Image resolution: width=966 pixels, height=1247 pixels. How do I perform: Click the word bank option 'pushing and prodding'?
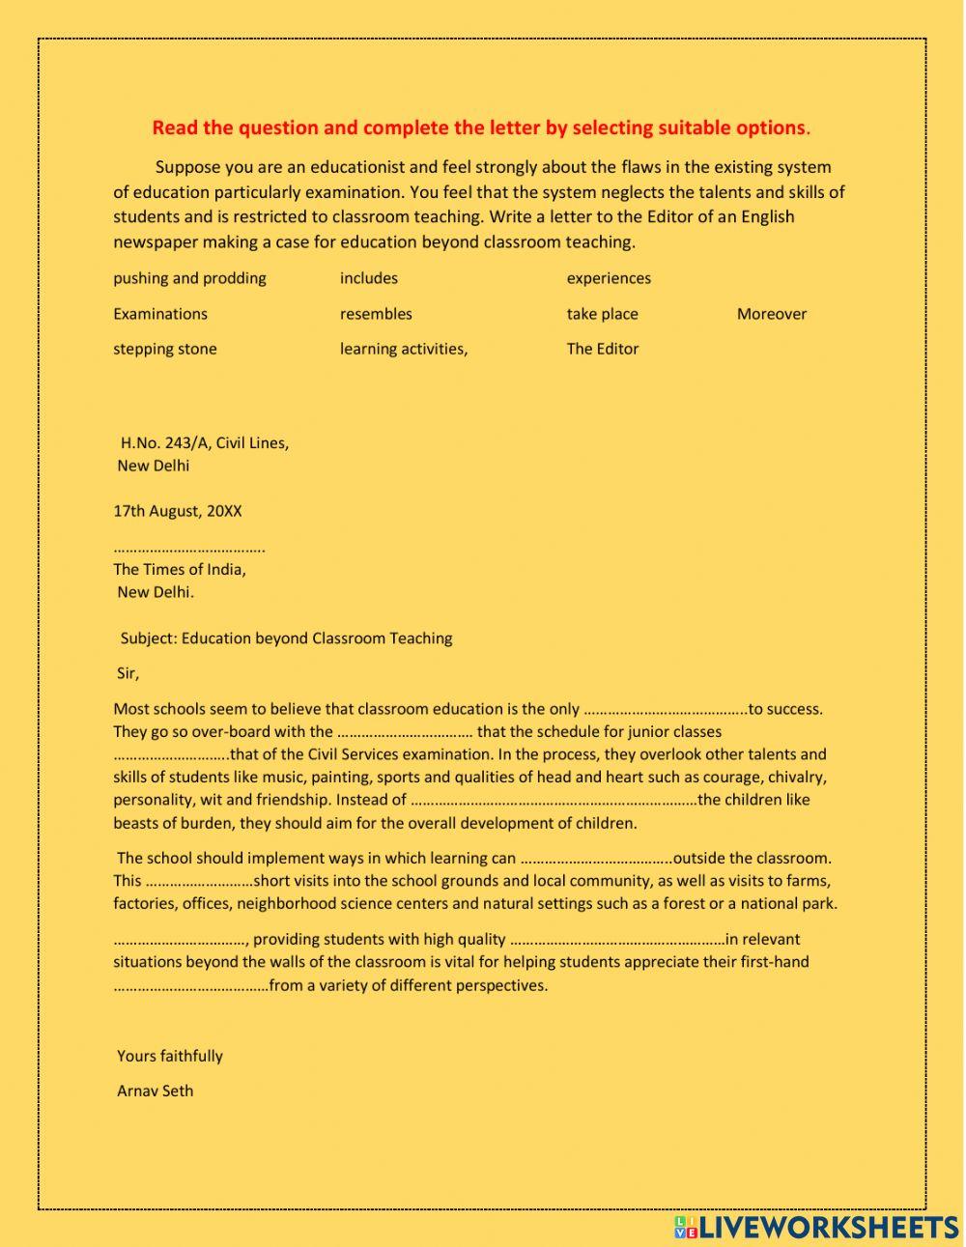tap(189, 278)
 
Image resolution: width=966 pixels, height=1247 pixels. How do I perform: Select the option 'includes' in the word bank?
tap(368, 278)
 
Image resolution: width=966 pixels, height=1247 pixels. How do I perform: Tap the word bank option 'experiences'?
tap(609, 278)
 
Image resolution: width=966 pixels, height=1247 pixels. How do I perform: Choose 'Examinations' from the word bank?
tap(160, 314)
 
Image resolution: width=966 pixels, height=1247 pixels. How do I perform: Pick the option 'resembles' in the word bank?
tap(376, 314)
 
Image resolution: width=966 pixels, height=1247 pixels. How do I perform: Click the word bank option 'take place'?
tap(602, 314)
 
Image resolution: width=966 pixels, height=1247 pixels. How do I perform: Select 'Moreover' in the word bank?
tap(771, 314)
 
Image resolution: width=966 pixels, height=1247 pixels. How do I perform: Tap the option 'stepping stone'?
tap(165, 349)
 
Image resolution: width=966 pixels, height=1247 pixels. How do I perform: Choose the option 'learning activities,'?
tap(404, 349)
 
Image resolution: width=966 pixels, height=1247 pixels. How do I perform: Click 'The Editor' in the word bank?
tap(602, 349)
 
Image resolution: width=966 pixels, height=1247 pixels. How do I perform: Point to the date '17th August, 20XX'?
tap(178, 511)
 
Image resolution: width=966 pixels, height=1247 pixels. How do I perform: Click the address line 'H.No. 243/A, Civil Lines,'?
tap(204, 443)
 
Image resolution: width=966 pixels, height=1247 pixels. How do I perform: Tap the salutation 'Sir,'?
tap(128, 673)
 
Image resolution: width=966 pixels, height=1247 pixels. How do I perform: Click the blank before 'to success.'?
tap(666, 710)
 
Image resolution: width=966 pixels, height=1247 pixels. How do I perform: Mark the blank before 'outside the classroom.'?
tap(595, 859)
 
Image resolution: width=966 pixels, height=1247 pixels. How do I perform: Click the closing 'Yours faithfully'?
tap(170, 1056)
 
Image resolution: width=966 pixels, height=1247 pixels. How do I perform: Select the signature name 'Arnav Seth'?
tap(155, 1091)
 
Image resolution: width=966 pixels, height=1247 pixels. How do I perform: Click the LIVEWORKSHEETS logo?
tap(816, 1227)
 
